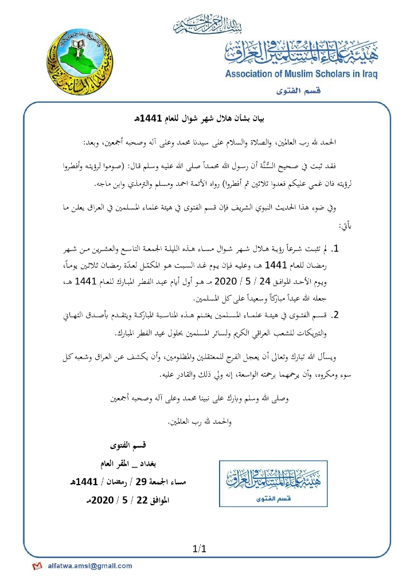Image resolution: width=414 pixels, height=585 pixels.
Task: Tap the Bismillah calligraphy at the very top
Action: pyautogui.click(x=206, y=26)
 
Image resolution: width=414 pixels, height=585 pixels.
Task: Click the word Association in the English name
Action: pyautogui.click(x=252, y=74)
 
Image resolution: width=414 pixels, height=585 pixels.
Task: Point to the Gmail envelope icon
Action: pyautogui.click(x=37, y=566)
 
